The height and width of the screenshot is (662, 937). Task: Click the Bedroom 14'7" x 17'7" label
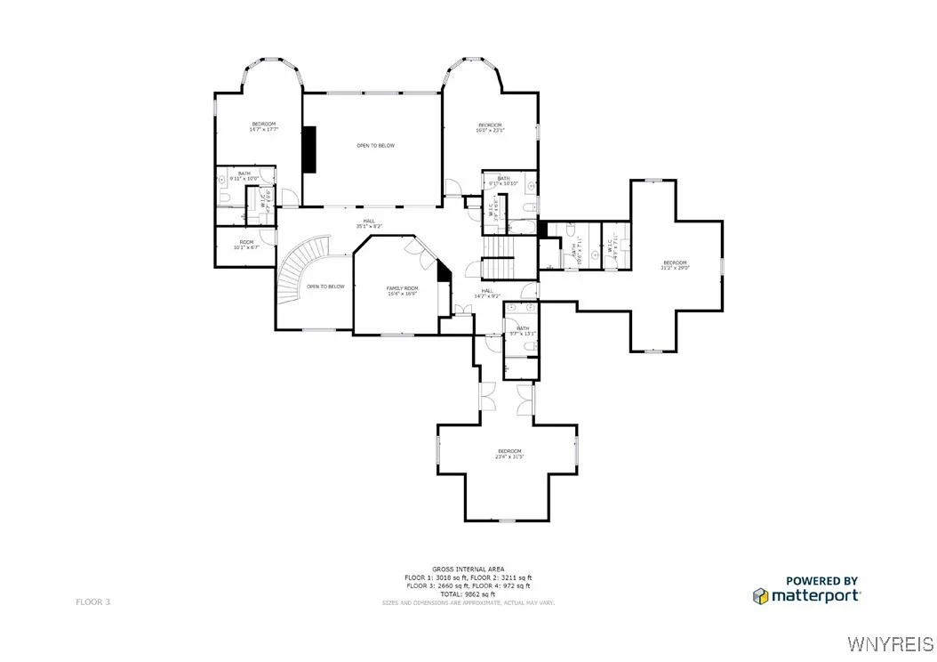263,126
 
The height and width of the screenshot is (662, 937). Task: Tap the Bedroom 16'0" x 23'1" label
491,127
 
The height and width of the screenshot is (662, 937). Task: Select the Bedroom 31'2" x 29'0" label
675,264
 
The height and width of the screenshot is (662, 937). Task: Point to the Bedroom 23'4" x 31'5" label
509,454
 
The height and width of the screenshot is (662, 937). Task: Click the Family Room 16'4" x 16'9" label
402,290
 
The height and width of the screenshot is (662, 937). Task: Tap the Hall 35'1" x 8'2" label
368,223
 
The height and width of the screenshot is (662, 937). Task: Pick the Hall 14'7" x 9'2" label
487,293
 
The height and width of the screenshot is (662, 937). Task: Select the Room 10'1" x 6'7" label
245,245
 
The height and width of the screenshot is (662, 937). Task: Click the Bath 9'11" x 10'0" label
244,176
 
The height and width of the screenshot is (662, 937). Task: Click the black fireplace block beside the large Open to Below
308,149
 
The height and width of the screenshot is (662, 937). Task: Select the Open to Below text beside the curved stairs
325,287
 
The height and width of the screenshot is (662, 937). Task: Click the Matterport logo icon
760,595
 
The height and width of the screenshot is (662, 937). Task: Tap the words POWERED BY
821,580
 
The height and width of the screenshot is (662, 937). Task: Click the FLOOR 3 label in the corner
92,602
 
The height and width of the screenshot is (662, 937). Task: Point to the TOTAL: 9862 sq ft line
468,593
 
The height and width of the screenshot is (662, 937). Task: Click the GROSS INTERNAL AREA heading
468,569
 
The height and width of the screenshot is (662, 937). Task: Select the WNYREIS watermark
891,643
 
